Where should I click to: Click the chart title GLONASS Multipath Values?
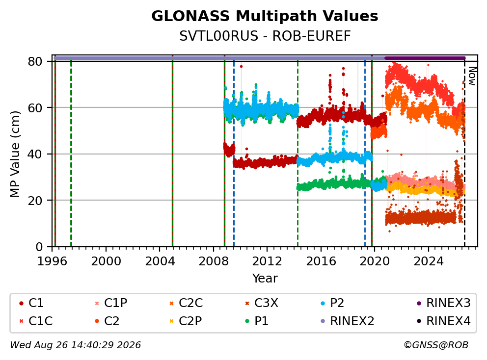tap(265, 16)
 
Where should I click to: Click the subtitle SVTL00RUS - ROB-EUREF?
tap(265, 36)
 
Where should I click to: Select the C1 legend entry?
tap(31, 303)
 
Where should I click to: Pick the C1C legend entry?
tap(36, 321)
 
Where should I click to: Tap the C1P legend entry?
tap(111, 303)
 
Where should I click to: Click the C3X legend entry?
tap(262, 303)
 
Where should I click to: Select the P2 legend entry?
tap(332, 303)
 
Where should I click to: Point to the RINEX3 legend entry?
tap(443, 303)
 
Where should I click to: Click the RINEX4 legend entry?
tap(443, 321)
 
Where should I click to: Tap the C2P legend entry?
tap(186, 321)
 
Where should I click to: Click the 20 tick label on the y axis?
tap(35, 201)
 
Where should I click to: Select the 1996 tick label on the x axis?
tap(52, 261)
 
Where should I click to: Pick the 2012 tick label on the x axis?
tap(267, 261)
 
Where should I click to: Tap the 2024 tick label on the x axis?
tap(428, 261)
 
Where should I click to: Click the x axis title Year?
tap(265, 278)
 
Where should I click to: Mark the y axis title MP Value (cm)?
tap(15, 154)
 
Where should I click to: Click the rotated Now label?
tap(472, 77)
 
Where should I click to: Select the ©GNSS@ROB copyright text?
tap(436, 345)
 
